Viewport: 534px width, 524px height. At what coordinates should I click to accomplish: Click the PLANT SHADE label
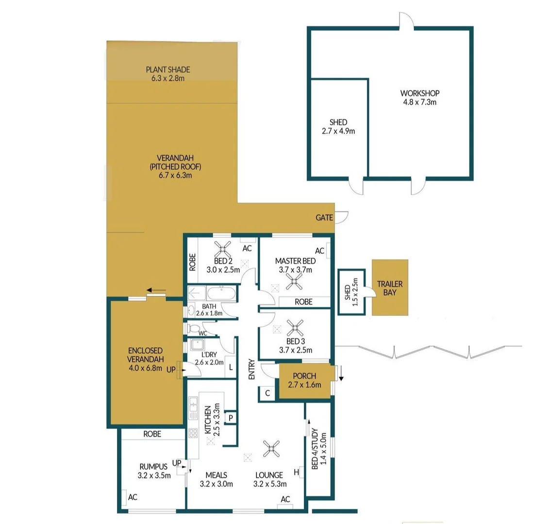[x=168, y=69]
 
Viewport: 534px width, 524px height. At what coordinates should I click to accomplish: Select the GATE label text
[x=324, y=218]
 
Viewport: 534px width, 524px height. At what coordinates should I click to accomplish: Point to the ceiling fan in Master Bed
[x=294, y=281]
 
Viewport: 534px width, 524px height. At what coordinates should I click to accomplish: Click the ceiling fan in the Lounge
[x=270, y=449]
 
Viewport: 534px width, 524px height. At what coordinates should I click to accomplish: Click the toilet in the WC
[x=195, y=328]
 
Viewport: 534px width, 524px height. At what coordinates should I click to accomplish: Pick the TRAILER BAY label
[x=390, y=288]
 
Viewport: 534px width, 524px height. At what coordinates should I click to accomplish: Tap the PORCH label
[x=304, y=377]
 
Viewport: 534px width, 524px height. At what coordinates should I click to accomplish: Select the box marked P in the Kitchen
[x=231, y=417]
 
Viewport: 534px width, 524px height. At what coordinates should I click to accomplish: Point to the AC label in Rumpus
[x=132, y=497]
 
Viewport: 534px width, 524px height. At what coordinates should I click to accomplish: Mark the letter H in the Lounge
[x=296, y=472]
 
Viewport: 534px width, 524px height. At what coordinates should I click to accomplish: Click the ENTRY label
[x=251, y=369]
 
